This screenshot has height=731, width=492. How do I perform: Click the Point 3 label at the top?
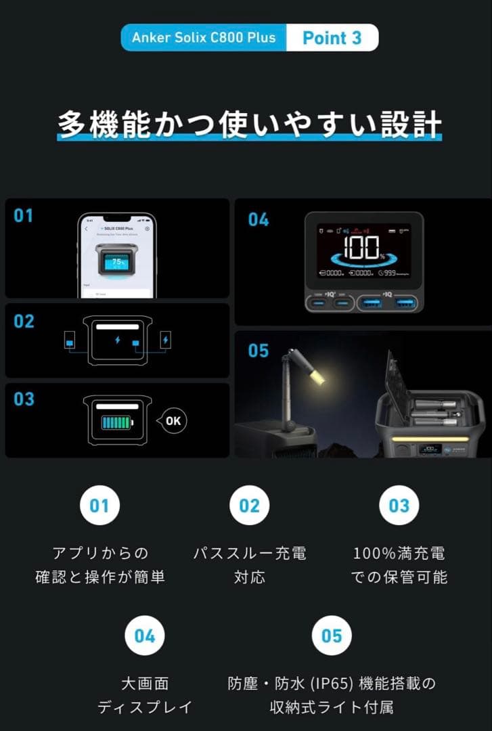(332, 38)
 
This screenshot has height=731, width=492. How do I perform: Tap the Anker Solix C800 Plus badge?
(203, 37)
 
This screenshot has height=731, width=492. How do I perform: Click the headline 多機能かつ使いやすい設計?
(249, 125)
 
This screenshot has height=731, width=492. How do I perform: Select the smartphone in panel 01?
(116, 256)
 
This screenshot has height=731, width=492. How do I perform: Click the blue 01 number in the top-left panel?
(24, 216)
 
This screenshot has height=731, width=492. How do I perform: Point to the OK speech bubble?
(172, 420)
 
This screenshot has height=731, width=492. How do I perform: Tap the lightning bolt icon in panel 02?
(118, 339)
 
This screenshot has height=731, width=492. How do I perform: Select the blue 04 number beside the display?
(258, 220)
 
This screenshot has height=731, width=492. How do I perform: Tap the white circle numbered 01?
(99, 506)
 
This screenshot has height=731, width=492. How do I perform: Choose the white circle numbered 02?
(249, 506)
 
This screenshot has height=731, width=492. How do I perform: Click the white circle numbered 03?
(399, 506)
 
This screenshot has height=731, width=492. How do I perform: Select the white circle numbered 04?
(144, 636)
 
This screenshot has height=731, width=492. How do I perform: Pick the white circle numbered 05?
(332, 636)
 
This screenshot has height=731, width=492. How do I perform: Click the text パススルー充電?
(250, 553)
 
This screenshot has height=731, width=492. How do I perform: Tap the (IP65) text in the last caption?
(332, 684)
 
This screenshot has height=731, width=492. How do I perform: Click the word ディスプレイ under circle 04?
(144, 707)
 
